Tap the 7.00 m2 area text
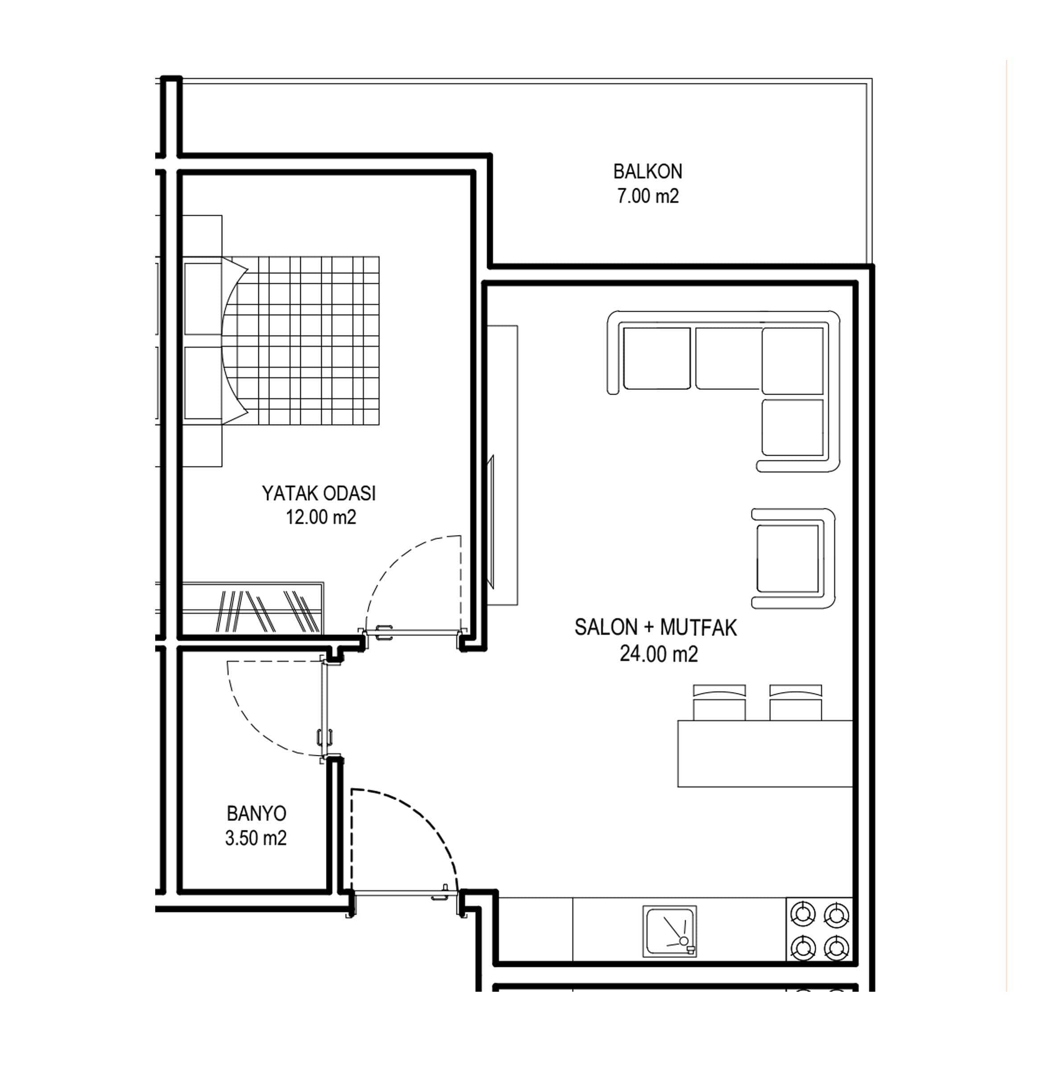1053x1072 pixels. tap(648, 196)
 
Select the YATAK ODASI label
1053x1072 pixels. tap(319, 493)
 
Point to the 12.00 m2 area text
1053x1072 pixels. tap(321, 517)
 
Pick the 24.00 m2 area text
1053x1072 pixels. tap(659, 654)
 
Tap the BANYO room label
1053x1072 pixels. tap(256, 813)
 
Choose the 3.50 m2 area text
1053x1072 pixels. tap(256, 838)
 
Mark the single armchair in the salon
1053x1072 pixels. tap(793, 558)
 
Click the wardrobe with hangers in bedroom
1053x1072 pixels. tap(253, 608)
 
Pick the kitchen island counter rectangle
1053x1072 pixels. tap(765, 753)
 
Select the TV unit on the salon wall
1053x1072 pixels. tap(502, 465)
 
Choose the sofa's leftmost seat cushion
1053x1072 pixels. tap(657, 358)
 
